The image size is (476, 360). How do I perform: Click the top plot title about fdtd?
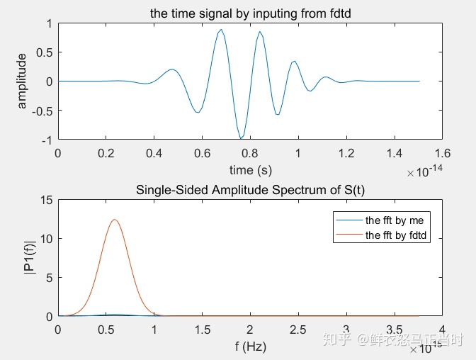point(250,13)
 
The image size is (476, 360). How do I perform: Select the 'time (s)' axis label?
point(250,170)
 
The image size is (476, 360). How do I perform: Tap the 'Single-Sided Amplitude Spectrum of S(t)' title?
point(250,191)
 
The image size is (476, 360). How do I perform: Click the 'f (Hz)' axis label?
point(250,347)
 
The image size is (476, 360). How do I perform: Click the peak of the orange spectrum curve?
point(114,220)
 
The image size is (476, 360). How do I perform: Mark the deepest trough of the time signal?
point(241,138)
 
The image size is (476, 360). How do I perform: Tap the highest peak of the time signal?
point(222,30)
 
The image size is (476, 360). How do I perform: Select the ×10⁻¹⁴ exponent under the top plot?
point(424,172)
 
